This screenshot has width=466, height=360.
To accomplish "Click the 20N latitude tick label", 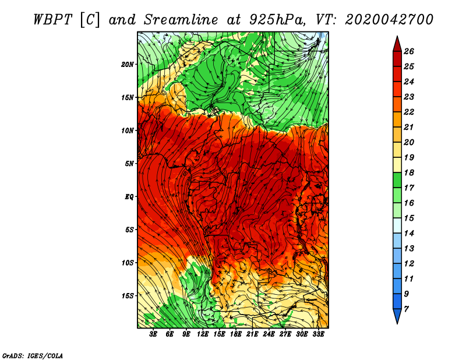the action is point(128,64).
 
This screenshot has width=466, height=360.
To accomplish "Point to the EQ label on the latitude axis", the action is point(129,196).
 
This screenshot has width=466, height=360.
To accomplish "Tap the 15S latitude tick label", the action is point(128,296).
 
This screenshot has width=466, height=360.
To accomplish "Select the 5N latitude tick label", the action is point(129,164).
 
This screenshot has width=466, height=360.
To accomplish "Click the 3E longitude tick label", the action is point(153,334).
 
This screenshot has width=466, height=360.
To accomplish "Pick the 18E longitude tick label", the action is point(235,334).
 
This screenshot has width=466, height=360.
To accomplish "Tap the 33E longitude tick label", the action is point(318,334).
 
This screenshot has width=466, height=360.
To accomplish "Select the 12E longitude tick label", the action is point(202,334).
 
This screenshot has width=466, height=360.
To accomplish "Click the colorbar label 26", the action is point(409,51).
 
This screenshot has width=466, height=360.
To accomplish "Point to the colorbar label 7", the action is point(406,309).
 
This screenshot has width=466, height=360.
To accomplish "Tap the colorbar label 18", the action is point(409,172).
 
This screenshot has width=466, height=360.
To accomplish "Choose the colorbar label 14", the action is point(409,233).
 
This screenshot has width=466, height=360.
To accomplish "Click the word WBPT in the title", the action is point(52,20).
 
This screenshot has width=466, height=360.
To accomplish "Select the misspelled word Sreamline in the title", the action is point(181,20).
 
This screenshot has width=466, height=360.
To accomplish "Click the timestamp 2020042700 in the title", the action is point(389,20).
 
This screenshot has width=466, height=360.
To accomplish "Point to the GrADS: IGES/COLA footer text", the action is point(33,355).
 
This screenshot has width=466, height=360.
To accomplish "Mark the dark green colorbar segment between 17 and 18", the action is point(397,180).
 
